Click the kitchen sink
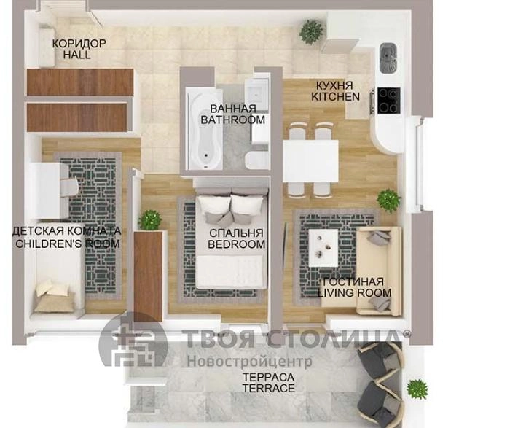pos(388,58)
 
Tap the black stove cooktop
pos(388,101)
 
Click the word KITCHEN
pos(335,97)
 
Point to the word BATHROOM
pos(233,120)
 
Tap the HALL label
pos(77,55)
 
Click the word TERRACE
pos(268,388)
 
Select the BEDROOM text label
pos(237,244)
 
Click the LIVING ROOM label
pos(355,292)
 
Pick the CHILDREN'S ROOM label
pos(68,244)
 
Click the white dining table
pos(310,161)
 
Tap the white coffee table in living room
pos(323,248)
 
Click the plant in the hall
pos(312,31)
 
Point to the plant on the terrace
pos(417,389)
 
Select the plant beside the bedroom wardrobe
pos(150,220)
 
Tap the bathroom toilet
pos(257,160)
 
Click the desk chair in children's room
pos(69,187)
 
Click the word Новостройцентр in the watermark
pos(250,361)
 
